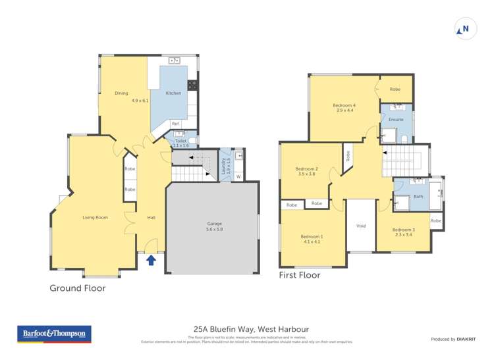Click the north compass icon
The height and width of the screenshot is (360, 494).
point(465,29)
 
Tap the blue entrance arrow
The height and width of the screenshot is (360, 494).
point(151,260)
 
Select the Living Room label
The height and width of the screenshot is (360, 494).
point(95,217)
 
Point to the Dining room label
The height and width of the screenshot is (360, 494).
point(121,93)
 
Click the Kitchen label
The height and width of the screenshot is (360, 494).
point(173,93)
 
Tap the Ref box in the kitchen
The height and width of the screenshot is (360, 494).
point(175,123)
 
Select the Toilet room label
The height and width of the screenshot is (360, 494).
point(180,141)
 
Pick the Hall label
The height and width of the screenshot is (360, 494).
point(151,217)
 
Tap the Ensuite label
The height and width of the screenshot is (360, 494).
point(396,120)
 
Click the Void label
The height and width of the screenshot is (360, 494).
point(361,226)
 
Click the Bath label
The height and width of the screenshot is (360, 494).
point(418,196)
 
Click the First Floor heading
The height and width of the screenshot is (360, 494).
point(300,275)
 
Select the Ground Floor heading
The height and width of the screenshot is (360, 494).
point(78,288)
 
